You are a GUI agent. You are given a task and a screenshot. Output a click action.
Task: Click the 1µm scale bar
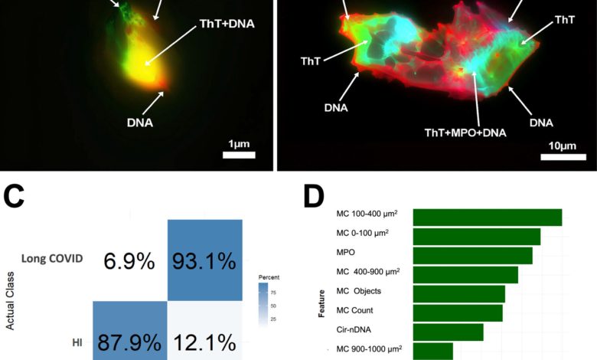[x=238, y=155]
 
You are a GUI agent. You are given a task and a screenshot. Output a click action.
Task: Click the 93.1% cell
[x=204, y=262]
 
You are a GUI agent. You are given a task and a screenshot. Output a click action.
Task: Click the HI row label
[x=77, y=342]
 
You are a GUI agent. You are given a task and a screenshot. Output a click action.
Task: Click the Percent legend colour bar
[x=263, y=304]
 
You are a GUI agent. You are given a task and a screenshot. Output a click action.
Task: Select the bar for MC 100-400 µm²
[x=488, y=218]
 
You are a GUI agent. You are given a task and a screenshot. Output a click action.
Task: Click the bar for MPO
[x=472, y=256]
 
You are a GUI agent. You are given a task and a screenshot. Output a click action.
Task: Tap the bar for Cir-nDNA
[x=448, y=332]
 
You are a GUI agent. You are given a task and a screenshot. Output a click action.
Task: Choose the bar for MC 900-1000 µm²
[x=432, y=351]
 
